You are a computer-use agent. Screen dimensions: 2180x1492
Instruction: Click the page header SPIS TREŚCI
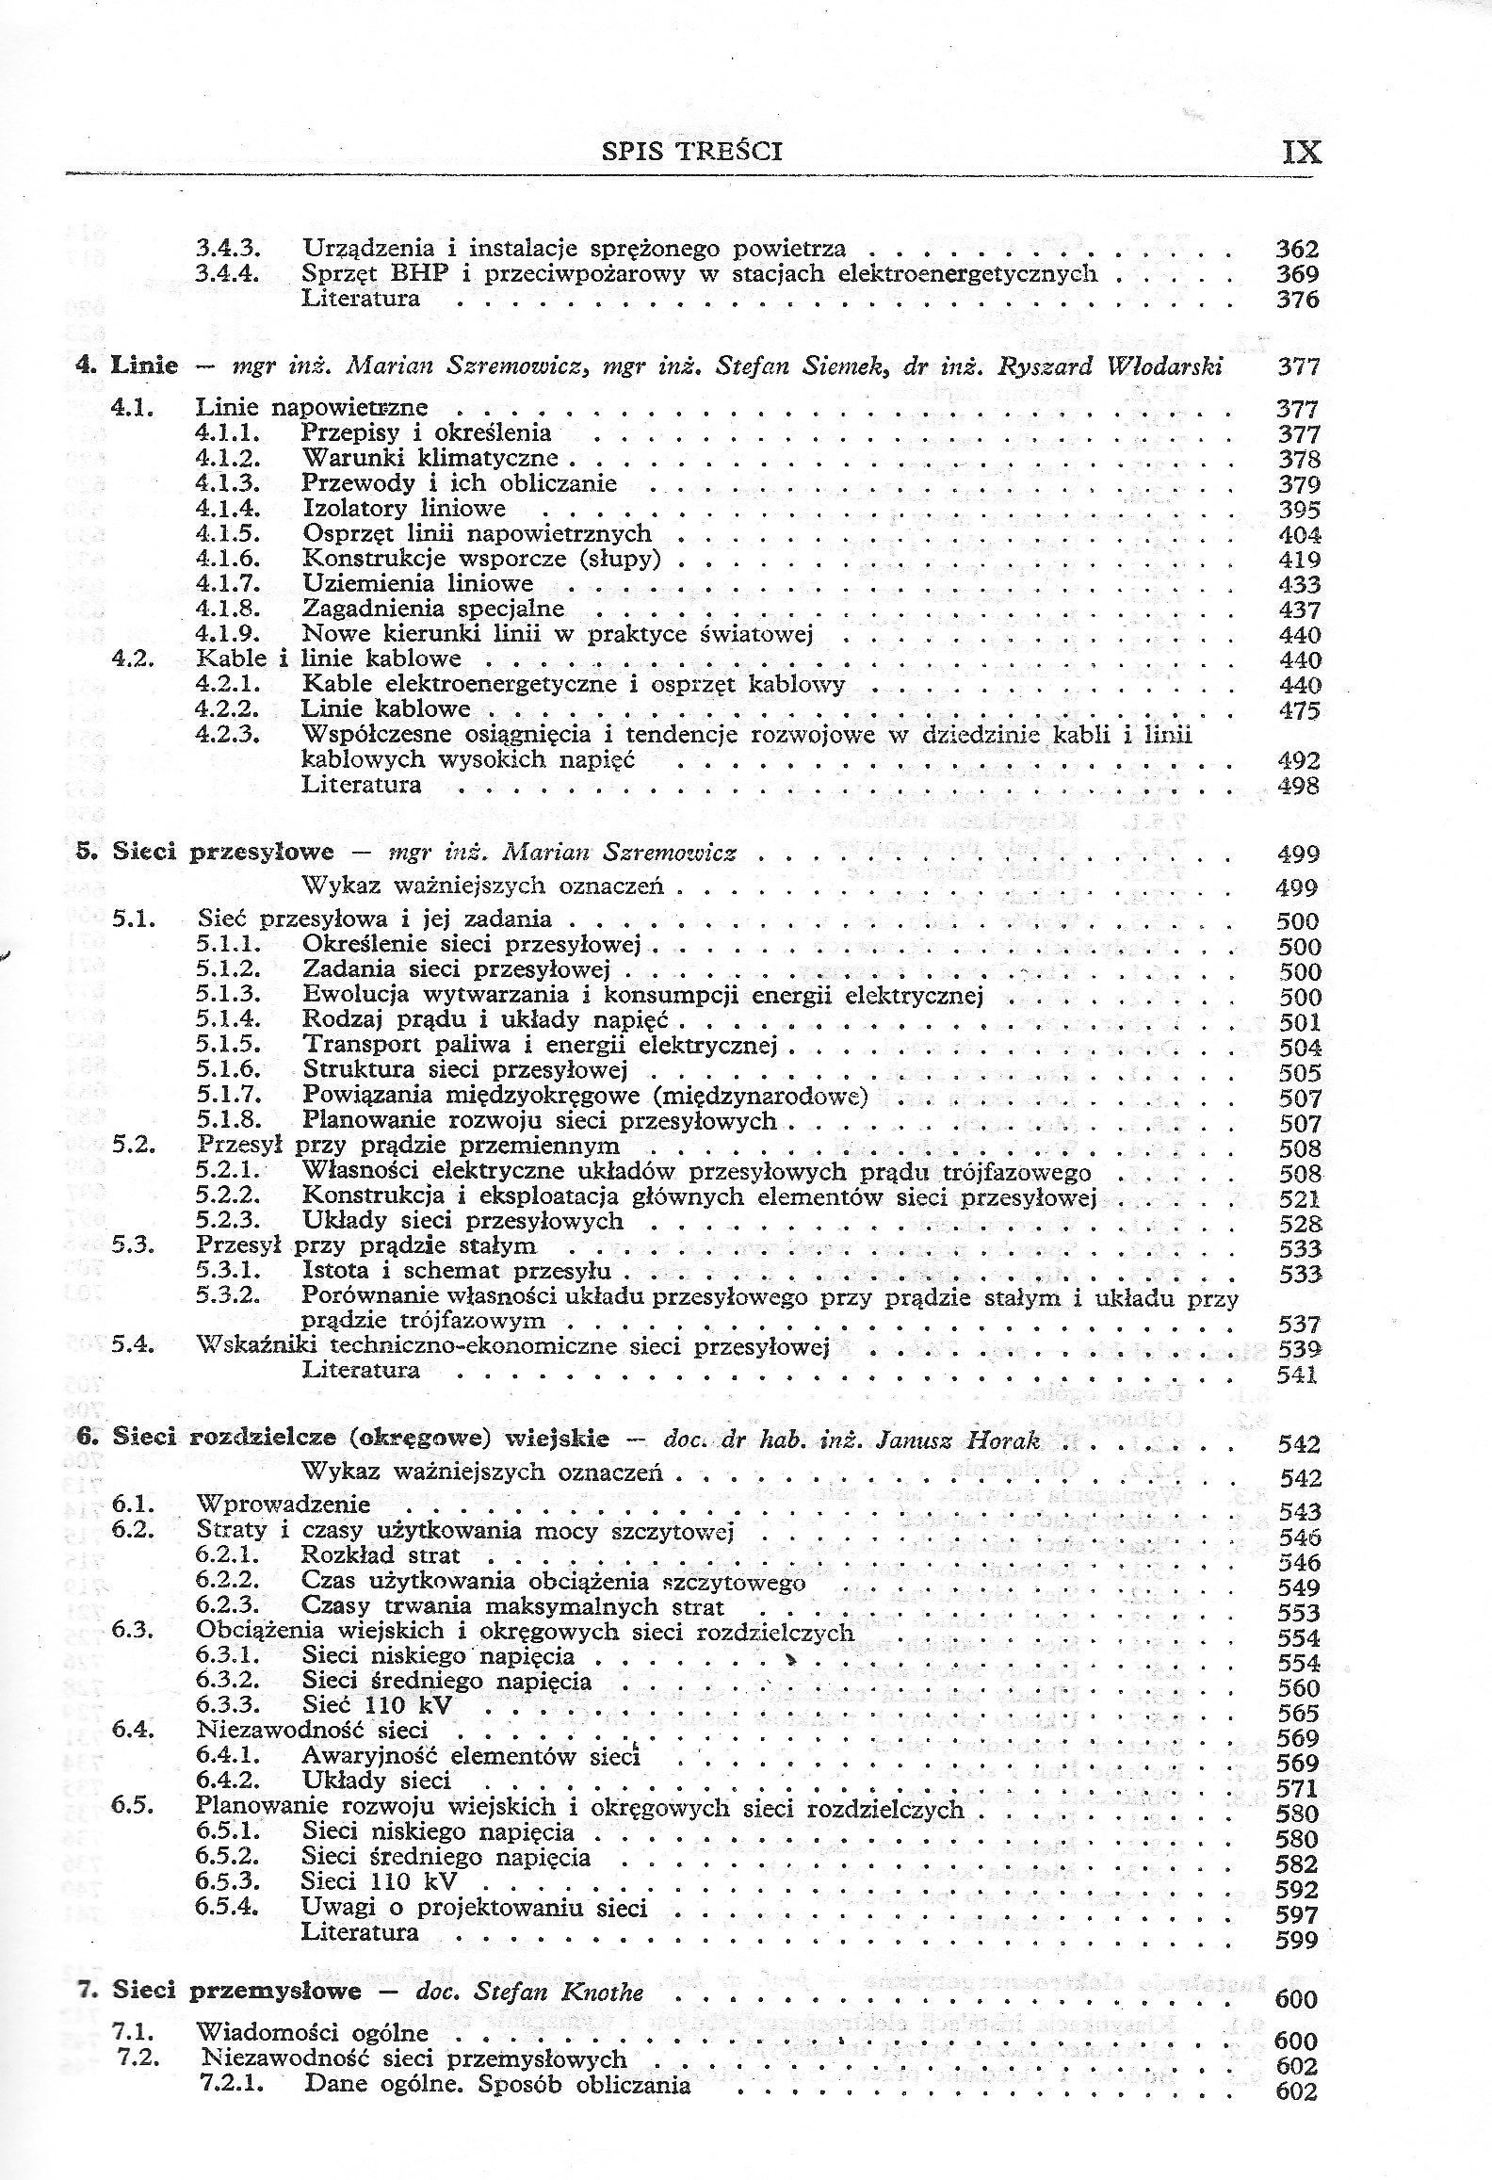click(x=691, y=151)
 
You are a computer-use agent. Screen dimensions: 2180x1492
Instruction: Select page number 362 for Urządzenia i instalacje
click(x=1297, y=250)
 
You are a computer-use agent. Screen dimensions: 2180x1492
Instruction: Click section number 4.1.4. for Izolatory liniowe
click(x=228, y=509)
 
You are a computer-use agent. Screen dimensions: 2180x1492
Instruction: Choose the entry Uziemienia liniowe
click(x=417, y=584)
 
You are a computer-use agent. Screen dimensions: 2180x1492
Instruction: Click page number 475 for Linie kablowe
click(x=1299, y=710)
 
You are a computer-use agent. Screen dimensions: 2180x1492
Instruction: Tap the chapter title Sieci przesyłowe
click(x=223, y=853)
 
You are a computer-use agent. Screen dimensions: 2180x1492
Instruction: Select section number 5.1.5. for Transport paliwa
click(x=229, y=1046)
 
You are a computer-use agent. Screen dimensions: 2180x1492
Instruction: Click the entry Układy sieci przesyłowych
click(x=462, y=1221)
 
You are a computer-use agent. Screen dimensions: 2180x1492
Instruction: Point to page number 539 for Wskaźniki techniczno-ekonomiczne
click(x=1299, y=1348)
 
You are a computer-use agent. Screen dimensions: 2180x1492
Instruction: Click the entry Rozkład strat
click(x=381, y=1555)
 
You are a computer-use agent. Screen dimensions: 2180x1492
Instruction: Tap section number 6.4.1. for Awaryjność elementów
click(x=229, y=1756)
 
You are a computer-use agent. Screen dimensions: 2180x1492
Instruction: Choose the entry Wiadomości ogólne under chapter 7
click(x=312, y=2025)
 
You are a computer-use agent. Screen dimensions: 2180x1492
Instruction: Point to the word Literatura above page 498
click(x=361, y=785)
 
